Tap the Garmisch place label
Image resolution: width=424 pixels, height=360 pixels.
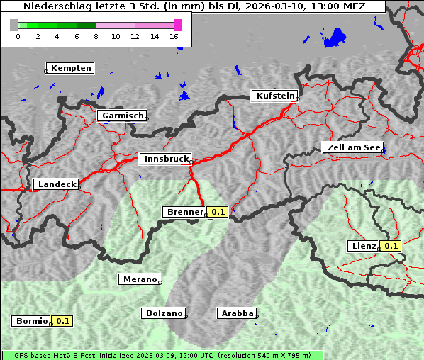tap(123, 116)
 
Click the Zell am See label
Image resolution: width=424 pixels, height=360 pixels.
tap(352, 147)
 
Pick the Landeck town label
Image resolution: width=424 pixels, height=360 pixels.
tap(56, 184)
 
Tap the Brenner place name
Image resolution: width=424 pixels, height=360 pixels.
tap(184, 212)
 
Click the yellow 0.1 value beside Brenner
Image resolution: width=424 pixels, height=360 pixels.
tap(218, 212)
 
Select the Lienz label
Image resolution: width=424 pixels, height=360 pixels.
tap(362, 246)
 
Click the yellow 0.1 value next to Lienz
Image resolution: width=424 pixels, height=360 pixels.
tap(390, 246)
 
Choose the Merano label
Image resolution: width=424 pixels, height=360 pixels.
tap(139, 279)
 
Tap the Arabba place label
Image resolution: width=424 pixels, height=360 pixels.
tap(236, 313)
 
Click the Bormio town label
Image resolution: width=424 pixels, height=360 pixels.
tap(32, 321)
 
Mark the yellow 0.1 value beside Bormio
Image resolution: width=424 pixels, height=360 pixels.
tap(63, 321)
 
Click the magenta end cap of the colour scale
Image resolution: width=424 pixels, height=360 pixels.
tap(177, 25)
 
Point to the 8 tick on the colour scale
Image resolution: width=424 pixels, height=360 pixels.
tap(96, 36)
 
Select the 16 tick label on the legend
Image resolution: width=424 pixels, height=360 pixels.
tap(174, 36)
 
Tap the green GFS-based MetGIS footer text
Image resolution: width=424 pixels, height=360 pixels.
tap(162, 355)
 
